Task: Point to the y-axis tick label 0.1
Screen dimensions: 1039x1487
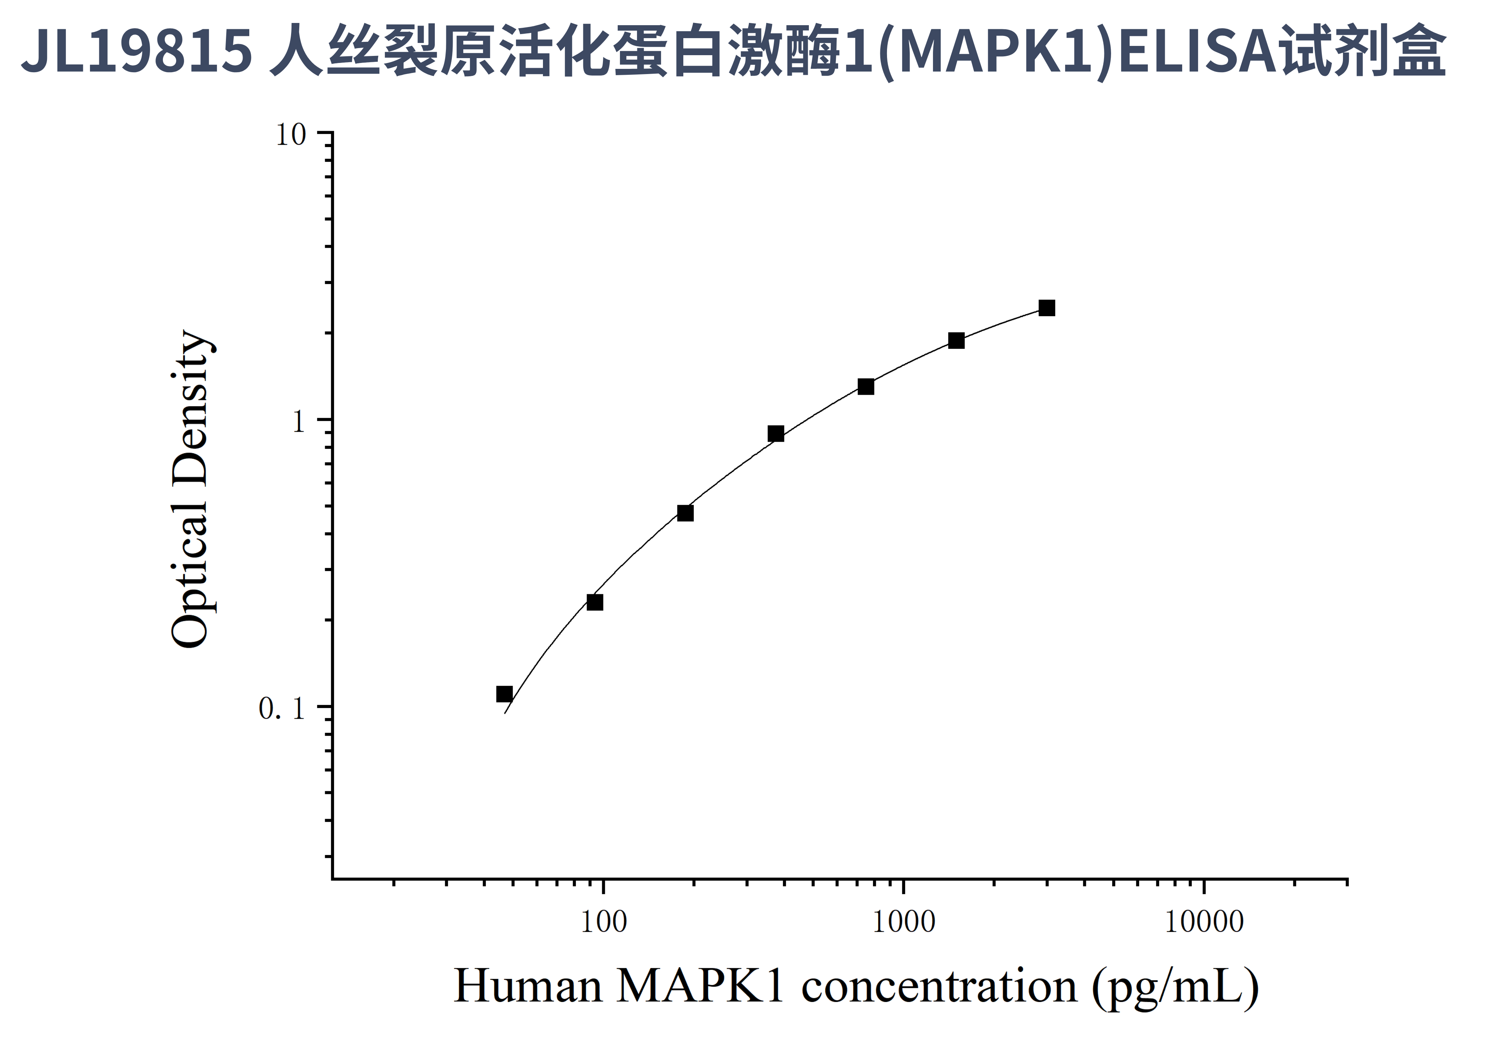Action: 282,709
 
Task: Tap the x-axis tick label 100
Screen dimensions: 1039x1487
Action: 603,922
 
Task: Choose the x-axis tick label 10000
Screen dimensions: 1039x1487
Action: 1204,922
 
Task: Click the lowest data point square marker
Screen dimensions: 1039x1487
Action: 504,694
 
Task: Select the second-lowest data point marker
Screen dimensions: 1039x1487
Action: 594,602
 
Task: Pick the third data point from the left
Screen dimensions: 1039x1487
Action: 685,513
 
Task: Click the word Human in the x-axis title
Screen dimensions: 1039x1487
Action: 528,986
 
